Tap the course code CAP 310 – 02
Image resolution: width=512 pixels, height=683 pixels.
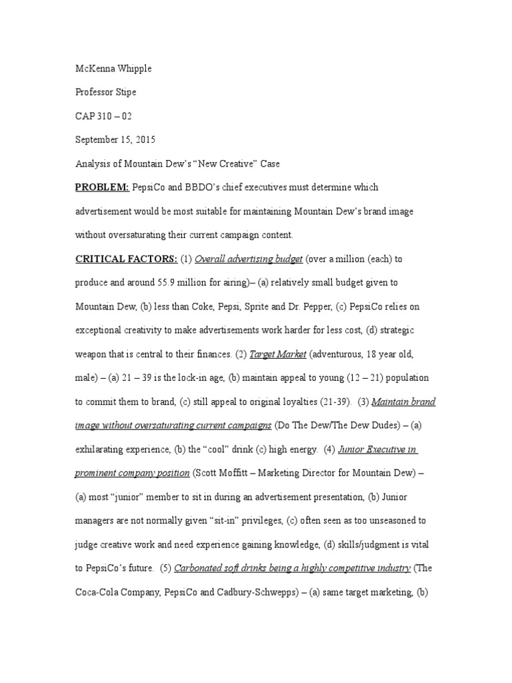[103, 116]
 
